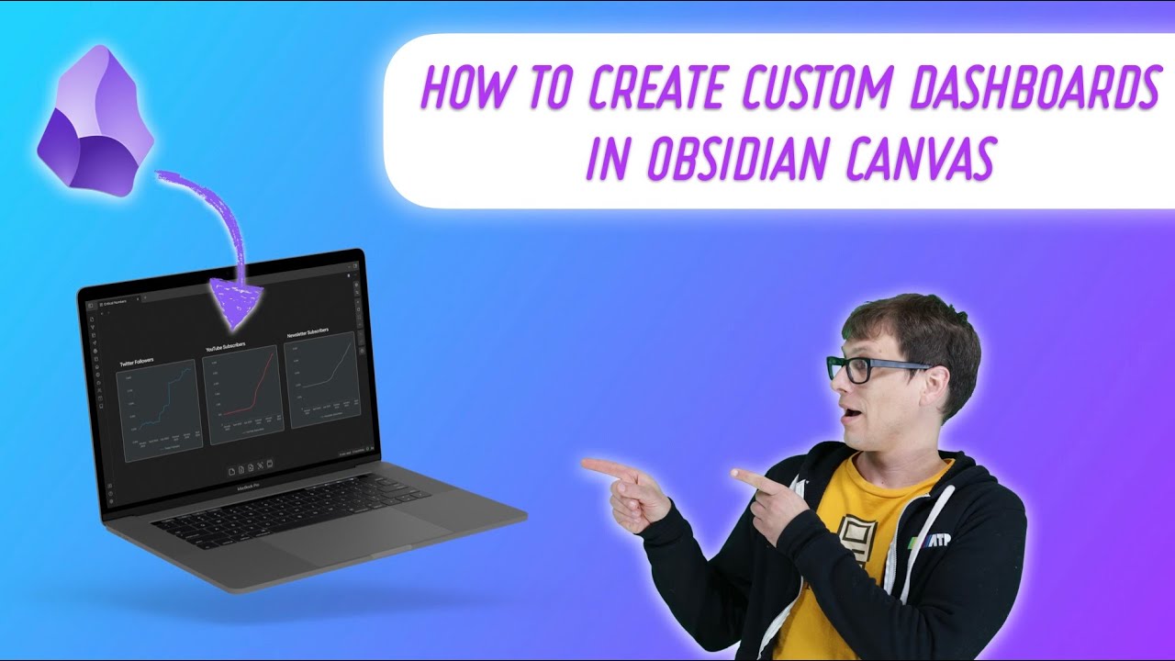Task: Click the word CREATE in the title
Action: point(661,89)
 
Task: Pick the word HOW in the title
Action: point(464,89)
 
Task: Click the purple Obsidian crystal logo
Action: point(95,119)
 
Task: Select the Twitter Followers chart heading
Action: point(137,364)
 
